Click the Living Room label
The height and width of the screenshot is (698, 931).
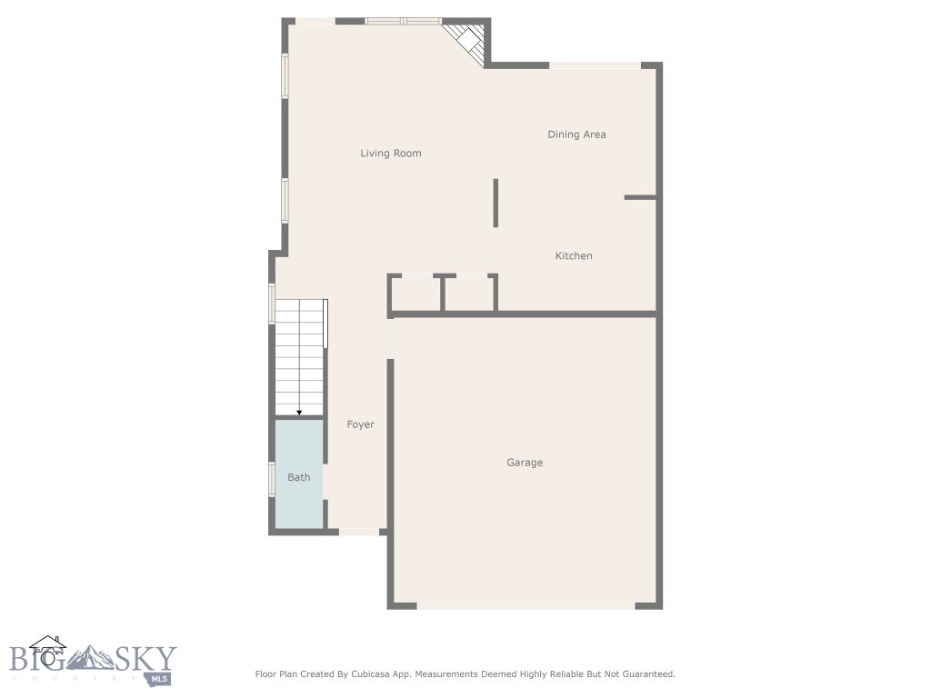pos(391,154)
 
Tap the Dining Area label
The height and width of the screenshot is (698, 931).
pos(576,135)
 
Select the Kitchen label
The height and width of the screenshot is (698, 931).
pos(574,256)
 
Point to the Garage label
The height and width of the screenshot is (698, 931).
pos(525,463)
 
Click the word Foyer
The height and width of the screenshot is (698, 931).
pos(361,424)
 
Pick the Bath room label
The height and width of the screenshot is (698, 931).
pos(299,477)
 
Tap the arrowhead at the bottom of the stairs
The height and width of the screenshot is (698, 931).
pos(299,413)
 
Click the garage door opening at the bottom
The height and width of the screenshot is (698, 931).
pos(526,605)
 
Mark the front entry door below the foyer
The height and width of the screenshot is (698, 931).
pos(359,532)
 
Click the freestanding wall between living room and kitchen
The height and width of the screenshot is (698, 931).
pos(496,202)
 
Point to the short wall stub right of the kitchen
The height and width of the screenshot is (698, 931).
pos(639,197)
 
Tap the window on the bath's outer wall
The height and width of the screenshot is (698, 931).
pos(272,478)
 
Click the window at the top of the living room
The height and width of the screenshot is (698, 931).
pos(403,21)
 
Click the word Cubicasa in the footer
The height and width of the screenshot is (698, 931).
pos(368,674)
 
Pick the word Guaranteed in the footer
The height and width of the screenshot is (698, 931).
pos(645,674)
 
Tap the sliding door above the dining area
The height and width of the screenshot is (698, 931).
pos(596,65)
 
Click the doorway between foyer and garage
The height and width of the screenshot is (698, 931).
pos(392,338)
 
